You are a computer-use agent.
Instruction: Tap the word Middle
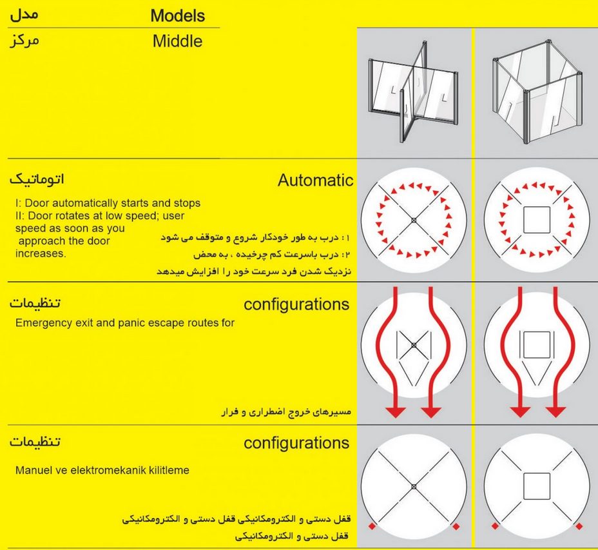tap(177, 42)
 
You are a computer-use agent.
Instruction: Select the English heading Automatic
tap(315, 181)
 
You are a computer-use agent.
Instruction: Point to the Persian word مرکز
tap(25, 41)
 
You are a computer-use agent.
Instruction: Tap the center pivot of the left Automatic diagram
tap(414, 221)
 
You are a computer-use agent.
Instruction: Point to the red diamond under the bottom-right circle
tap(456, 527)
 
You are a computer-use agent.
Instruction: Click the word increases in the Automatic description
tap(40, 253)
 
